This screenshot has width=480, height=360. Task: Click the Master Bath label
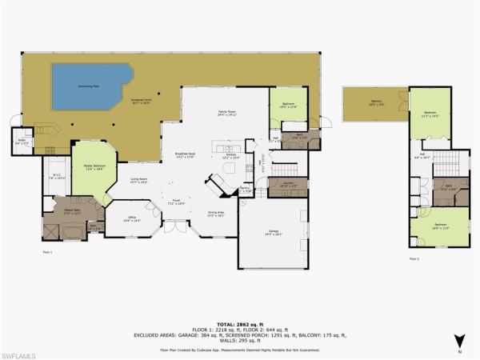pos(73,212)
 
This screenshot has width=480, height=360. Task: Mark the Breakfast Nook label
pos(186,154)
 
